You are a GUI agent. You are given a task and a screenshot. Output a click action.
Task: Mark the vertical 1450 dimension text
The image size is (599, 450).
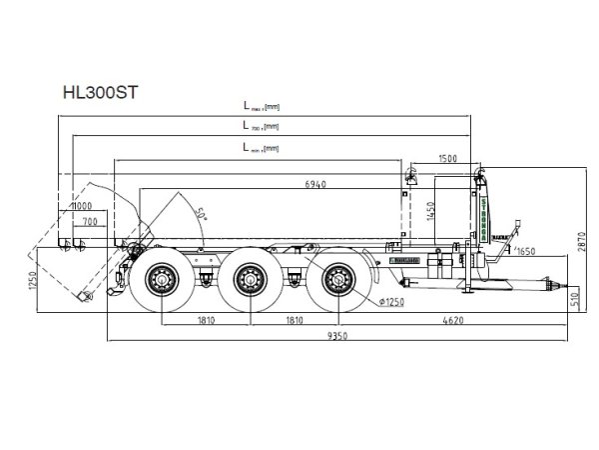[x=431, y=210]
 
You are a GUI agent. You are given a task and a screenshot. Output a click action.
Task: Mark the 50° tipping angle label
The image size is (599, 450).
[x=201, y=214]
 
